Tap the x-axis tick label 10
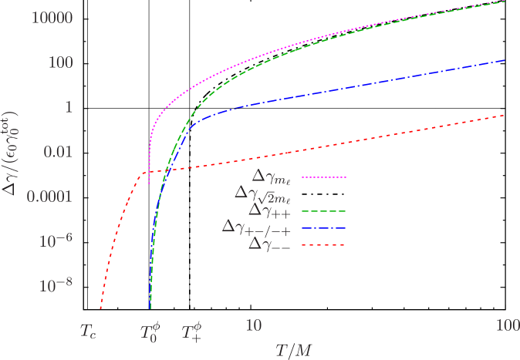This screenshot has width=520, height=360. (253, 325)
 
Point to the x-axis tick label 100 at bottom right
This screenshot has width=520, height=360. (506, 325)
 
